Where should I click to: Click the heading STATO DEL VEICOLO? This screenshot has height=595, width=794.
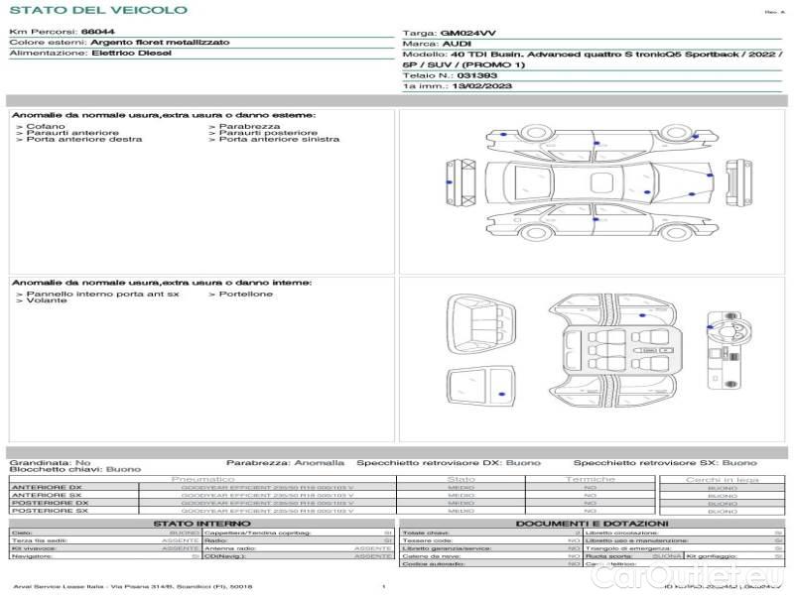[x=98, y=10]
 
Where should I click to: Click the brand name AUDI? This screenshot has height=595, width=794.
[x=458, y=45]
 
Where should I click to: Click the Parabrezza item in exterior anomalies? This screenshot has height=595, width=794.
[x=249, y=126]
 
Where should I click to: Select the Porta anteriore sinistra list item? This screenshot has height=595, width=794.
[x=279, y=139]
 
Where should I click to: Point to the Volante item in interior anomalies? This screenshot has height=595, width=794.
[x=47, y=300]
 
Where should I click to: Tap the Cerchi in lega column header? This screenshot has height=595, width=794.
[x=722, y=479]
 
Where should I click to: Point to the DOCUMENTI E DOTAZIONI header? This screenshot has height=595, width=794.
[x=592, y=523]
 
